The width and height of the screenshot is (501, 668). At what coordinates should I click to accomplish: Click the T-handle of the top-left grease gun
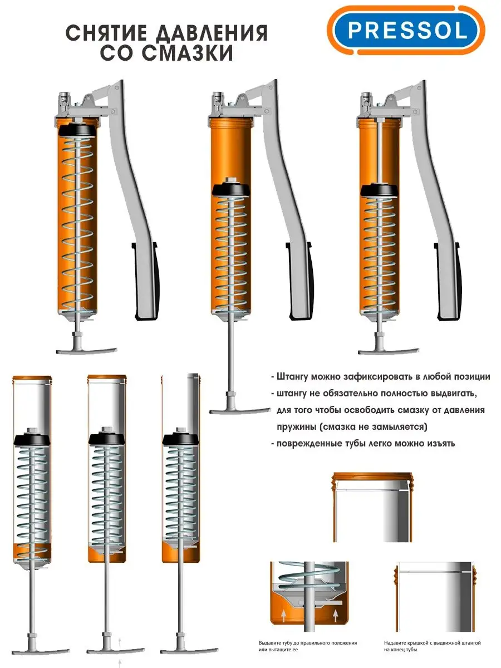86,350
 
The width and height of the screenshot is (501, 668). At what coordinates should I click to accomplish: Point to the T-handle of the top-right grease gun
389,351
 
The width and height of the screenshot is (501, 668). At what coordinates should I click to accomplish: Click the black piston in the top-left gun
77,130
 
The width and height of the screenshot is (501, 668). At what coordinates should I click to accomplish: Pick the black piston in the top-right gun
379,190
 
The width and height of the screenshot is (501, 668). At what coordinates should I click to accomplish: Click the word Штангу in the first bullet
292,377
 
